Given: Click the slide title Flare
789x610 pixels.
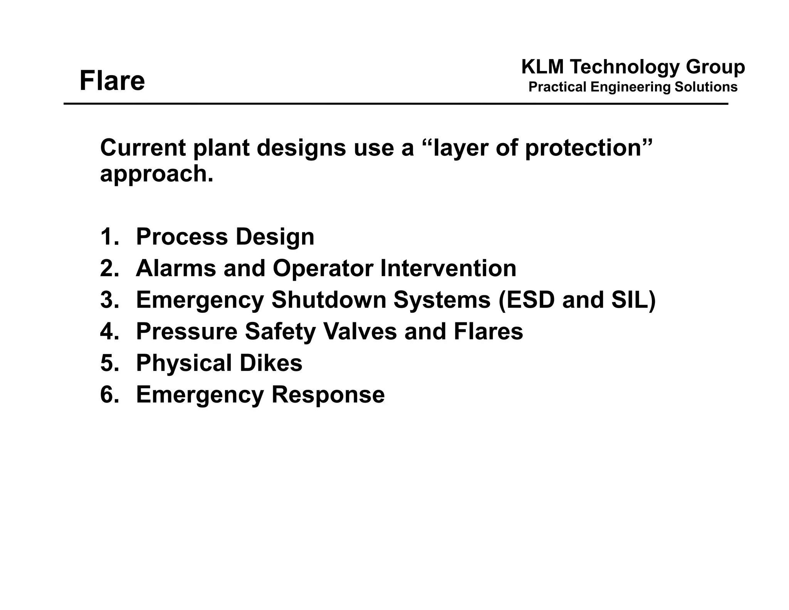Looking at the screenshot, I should pyautogui.click(x=112, y=81).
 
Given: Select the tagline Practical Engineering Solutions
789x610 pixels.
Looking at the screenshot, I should pyautogui.click(x=633, y=87).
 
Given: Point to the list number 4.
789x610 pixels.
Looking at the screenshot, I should pyautogui.click(x=109, y=331).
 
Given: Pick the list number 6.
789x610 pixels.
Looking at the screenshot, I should pyautogui.click(x=109, y=394).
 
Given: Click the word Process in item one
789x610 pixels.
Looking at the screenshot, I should pyautogui.click(x=182, y=236).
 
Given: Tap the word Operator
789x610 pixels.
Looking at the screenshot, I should pyautogui.click(x=323, y=268).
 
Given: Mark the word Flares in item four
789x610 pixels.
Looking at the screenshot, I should pyautogui.click(x=488, y=331).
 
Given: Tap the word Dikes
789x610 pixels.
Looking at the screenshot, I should pyautogui.click(x=271, y=363).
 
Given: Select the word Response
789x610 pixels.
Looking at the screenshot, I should pyautogui.click(x=328, y=394).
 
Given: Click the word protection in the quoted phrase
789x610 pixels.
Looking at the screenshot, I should pyautogui.click(x=583, y=148).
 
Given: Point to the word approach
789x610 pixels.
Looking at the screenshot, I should pyautogui.click(x=156, y=174).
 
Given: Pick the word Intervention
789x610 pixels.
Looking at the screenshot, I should pyautogui.click(x=448, y=268).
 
